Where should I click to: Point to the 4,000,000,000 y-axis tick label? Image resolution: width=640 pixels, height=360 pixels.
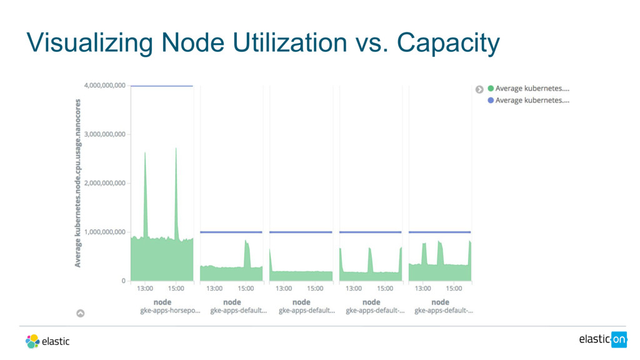point(104,85)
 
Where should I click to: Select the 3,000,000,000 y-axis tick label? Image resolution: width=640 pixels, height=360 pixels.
point(104,134)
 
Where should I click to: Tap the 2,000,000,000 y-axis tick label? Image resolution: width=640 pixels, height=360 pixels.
point(104,183)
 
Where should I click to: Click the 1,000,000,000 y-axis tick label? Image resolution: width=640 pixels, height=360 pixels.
point(104,232)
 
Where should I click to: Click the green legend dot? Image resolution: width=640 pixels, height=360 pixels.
point(491,89)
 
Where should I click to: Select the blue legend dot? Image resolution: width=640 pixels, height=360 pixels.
point(491,100)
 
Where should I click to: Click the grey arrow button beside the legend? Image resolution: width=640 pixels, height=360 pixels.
point(479,89)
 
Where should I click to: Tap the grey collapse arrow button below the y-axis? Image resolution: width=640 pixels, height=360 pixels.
point(81,313)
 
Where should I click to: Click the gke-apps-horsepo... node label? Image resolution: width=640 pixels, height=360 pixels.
point(170,310)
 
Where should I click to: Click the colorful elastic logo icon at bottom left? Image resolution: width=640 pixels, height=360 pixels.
point(32,341)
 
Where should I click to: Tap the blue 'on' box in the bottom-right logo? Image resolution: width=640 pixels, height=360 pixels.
point(619,339)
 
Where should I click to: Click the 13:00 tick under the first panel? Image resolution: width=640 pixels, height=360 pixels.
point(145,289)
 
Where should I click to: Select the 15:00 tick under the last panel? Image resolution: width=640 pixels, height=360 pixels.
point(454,289)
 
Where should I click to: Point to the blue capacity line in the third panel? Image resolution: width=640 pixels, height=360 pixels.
point(301,232)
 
